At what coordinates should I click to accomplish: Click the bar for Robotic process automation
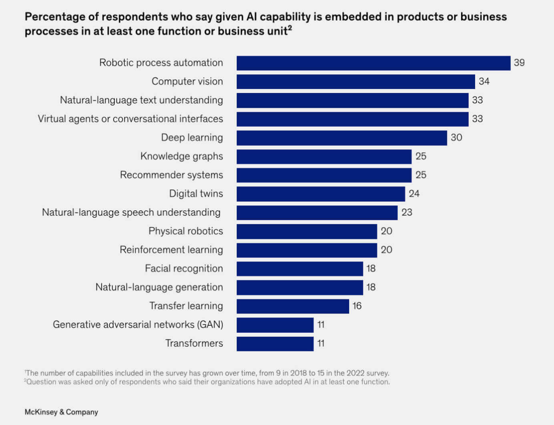coord(373,63)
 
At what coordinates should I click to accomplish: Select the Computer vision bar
coord(355,82)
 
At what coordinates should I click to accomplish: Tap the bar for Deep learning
coord(341,138)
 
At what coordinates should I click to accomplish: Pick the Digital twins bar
coord(321,194)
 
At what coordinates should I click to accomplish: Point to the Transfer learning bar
coord(293,306)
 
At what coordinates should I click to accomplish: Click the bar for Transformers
coord(275,344)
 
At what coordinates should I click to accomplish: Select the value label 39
coord(519,63)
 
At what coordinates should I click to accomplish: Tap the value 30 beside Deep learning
coord(456,138)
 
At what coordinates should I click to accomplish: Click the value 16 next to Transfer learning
coord(357,306)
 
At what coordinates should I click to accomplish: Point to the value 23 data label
coord(407,212)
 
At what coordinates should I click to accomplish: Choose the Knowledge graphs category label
coord(181,156)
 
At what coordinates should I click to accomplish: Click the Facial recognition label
coord(184,269)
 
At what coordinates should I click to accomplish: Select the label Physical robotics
coord(186,231)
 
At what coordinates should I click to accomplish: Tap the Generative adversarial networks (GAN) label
coord(138,325)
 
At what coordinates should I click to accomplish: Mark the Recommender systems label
coord(171,175)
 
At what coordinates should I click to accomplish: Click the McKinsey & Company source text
coord(61,412)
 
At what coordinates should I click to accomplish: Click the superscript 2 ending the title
coord(290,28)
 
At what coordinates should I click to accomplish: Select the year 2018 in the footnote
coord(299,373)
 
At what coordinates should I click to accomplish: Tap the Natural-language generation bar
coord(299,287)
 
